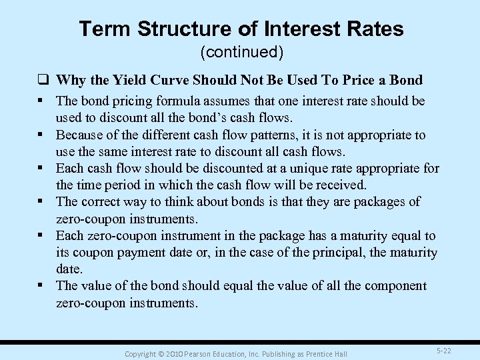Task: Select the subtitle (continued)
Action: (x=240, y=51)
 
